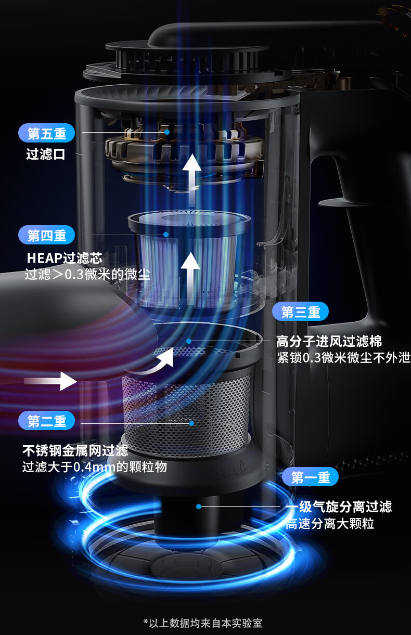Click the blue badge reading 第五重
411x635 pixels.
(47, 133)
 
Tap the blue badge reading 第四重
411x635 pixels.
(47, 235)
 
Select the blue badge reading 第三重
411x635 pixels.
(301, 312)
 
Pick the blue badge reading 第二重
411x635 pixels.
(47, 421)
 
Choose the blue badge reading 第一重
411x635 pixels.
(311, 477)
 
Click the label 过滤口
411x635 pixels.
(46, 154)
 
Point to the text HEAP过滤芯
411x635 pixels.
(65, 258)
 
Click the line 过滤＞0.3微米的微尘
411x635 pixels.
(87, 275)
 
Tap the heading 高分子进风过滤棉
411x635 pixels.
(329, 341)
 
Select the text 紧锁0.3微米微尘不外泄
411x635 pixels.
(343, 358)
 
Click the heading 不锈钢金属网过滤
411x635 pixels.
(75, 450)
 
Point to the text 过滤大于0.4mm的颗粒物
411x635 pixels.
(94, 467)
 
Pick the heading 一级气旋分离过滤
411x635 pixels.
(339, 507)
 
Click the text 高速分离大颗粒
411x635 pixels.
(330, 523)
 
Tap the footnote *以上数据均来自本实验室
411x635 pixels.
(203, 623)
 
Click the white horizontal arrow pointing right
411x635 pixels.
(50, 381)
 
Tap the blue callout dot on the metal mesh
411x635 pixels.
(191, 423)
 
